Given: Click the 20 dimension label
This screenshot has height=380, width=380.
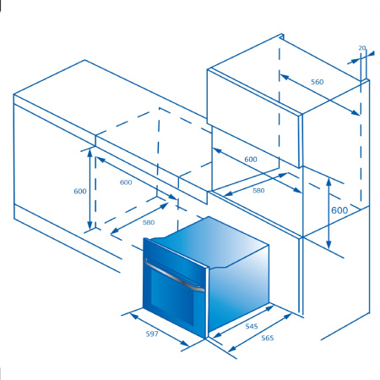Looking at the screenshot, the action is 362,48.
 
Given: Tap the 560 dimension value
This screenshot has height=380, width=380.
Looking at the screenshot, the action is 318,82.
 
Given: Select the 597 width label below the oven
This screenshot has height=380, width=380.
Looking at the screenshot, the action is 152,334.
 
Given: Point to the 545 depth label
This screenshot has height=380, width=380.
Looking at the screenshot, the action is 252,326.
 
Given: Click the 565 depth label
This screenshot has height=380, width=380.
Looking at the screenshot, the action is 268,338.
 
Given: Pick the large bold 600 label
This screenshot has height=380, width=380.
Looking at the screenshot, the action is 339,210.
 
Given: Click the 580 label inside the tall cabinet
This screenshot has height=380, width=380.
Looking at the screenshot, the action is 258,191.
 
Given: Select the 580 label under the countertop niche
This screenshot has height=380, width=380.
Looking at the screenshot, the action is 149,223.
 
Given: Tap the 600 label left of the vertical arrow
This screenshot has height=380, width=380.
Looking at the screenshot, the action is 80,192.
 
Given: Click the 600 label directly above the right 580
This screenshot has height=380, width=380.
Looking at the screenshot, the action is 251,160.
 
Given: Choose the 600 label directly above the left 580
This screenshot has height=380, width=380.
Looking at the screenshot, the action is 126,182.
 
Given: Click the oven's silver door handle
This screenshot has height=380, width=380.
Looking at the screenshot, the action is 174,276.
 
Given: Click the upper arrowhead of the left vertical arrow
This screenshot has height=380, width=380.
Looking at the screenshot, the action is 90,153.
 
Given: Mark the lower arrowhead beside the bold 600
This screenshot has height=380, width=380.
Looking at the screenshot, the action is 328,244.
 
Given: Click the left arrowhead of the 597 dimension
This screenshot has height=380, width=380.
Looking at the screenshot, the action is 134,316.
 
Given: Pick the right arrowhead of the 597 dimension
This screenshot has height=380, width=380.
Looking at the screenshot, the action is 185,343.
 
